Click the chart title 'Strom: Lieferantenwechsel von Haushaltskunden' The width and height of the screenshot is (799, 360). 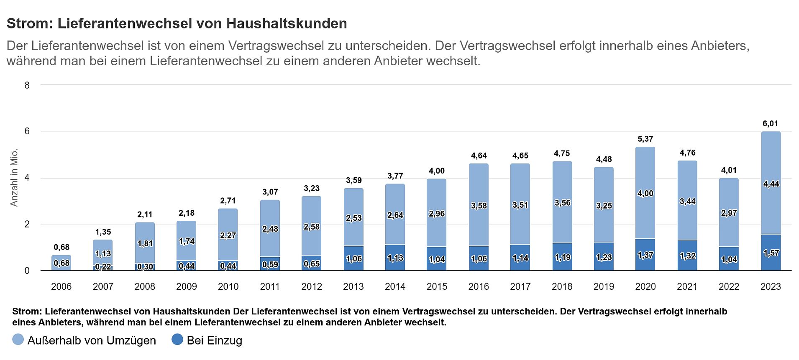(177, 24)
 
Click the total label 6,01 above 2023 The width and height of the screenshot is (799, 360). (771, 124)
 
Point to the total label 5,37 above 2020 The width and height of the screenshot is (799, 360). (645, 139)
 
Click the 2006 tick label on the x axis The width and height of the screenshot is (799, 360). (61, 287)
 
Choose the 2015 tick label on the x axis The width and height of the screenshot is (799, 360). (437, 287)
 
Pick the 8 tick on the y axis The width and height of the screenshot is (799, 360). (27, 85)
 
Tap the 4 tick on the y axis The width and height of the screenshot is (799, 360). (27, 178)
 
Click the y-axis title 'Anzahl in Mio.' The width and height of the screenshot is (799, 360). (14, 177)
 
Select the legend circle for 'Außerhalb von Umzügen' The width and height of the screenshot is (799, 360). (18, 340)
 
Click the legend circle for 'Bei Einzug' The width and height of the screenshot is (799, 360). (177, 340)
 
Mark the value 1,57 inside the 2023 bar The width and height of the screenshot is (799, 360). (771, 253)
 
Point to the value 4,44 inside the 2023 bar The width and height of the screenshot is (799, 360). (771, 184)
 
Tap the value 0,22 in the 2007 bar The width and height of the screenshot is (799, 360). (103, 267)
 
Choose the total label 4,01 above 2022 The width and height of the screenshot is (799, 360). (729, 170)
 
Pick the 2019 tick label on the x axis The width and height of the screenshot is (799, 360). (604, 287)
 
